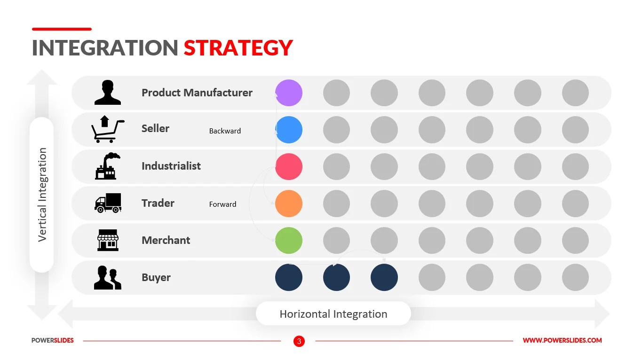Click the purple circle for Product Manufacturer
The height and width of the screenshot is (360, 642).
[288, 93]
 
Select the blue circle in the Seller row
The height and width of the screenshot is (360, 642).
[288, 130]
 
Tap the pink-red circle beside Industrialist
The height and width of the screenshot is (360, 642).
[288, 166]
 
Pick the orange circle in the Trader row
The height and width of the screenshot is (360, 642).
[288, 203]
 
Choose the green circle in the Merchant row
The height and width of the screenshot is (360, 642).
[288, 240]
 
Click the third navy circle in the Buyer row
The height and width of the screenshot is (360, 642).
[384, 277]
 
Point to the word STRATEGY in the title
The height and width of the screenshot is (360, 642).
[238, 48]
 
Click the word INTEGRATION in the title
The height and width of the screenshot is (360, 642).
[105, 48]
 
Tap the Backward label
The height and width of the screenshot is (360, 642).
[225, 131]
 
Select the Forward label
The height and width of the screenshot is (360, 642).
[222, 204]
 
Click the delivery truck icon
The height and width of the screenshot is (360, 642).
[108, 203]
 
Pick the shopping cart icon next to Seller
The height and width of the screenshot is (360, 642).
[107, 129]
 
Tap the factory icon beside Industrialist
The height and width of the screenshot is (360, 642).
[107, 166]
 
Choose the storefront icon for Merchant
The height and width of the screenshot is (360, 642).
[108, 240]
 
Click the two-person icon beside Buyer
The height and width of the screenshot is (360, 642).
[107, 277]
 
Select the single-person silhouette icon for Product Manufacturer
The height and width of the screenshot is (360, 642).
[107, 92]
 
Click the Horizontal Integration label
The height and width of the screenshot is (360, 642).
[333, 314]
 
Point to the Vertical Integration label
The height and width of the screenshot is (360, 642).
[42, 195]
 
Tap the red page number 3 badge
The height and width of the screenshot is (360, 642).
[299, 341]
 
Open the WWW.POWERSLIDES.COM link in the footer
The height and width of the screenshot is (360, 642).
[562, 341]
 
